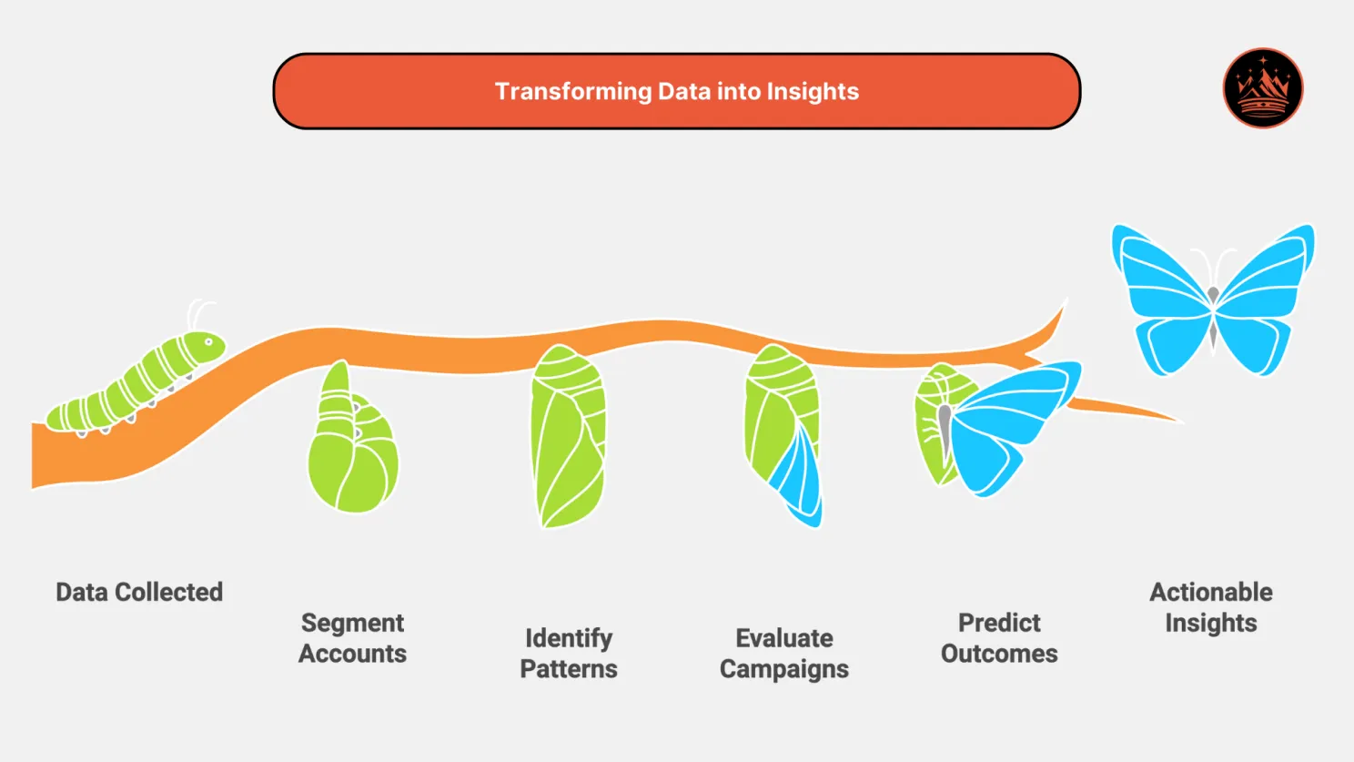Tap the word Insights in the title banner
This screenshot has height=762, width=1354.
(812, 92)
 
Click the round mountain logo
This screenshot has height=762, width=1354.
(1262, 88)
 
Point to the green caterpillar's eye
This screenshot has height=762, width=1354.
(209, 343)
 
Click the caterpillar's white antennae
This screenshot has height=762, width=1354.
(198, 313)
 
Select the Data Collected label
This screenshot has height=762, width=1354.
(139, 592)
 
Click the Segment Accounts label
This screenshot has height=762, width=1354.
(352, 638)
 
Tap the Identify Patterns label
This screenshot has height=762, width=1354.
(568, 654)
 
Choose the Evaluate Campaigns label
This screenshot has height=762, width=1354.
(783, 654)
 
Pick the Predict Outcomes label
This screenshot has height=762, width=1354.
(998, 638)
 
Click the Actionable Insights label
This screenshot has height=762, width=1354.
(1210, 607)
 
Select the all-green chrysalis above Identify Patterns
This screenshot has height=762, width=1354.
(568, 437)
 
